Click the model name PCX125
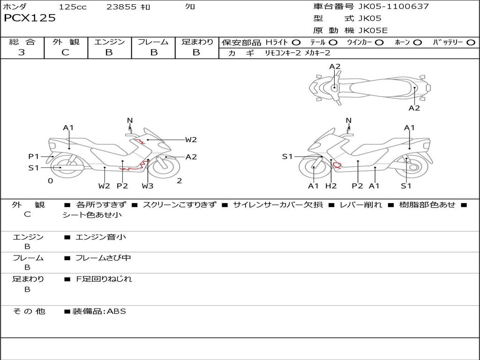coord(30,18)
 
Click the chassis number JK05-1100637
coord(393,6)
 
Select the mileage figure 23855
coord(121,7)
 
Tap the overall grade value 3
coord(22,52)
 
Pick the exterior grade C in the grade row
coord(65,52)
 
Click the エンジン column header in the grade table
coord(109,42)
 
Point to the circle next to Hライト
coord(296,43)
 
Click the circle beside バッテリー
coord(471,43)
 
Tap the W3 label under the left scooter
coord(148,186)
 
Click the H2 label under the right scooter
coord(331,186)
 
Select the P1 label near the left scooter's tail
coord(34,157)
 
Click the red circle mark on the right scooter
coord(337,165)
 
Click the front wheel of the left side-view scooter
coord(166,167)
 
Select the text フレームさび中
coord(103,258)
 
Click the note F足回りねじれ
coord(104,279)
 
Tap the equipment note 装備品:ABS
coord(99,311)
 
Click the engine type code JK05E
coord(373,30)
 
